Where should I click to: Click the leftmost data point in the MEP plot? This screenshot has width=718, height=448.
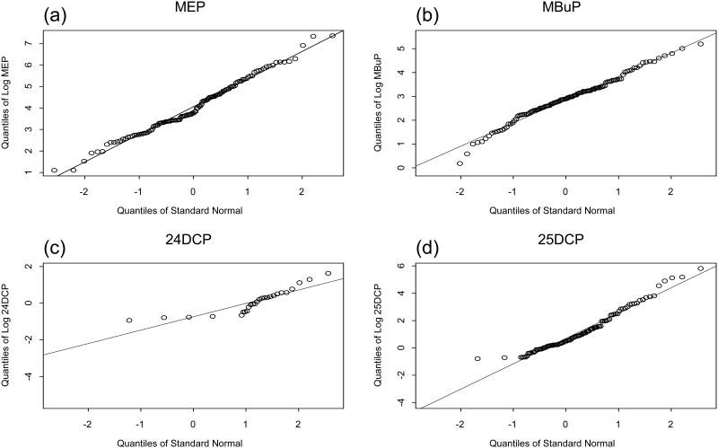[54, 170]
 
